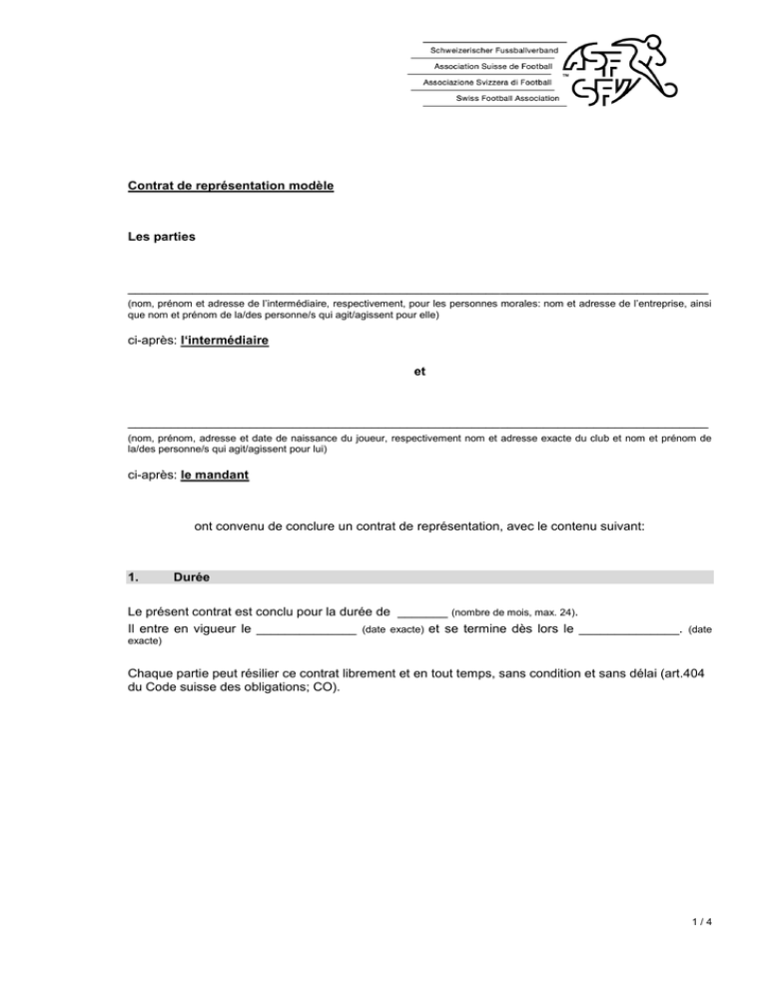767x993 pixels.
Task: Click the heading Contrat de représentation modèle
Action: click(x=231, y=186)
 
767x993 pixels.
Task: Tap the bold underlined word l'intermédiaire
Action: click(x=225, y=340)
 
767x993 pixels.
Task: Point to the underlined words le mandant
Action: click(x=216, y=476)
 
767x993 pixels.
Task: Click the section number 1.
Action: click(x=135, y=577)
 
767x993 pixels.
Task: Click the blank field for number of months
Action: click(x=421, y=610)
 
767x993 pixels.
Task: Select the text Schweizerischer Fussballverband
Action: click(x=492, y=49)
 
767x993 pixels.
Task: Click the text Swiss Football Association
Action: click(x=506, y=99)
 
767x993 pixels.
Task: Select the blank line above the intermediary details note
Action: click(x=418, y=290)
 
